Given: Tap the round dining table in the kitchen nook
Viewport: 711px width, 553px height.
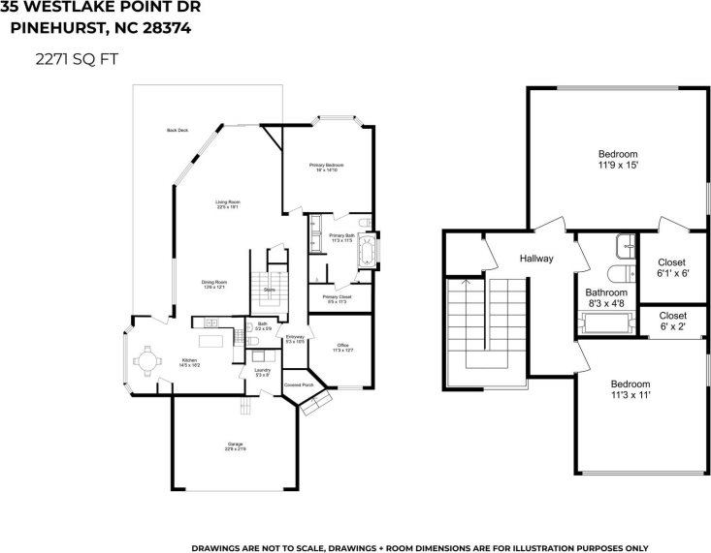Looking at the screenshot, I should tap(147, 361).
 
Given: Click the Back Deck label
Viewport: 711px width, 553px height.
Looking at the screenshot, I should tap(178, 130).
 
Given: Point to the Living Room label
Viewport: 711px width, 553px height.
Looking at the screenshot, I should tap(227, 202).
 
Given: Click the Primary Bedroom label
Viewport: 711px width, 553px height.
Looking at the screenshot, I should tap(326, 166).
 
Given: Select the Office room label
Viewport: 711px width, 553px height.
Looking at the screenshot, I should tap(342, 346).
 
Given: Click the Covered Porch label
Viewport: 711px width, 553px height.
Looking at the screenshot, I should tap(298, 384).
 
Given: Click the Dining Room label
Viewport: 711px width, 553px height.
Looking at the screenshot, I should tap(213, 281).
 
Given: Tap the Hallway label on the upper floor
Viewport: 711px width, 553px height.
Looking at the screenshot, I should tap(535, 259).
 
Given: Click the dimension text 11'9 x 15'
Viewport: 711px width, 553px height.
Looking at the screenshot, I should tap(617, 166).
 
